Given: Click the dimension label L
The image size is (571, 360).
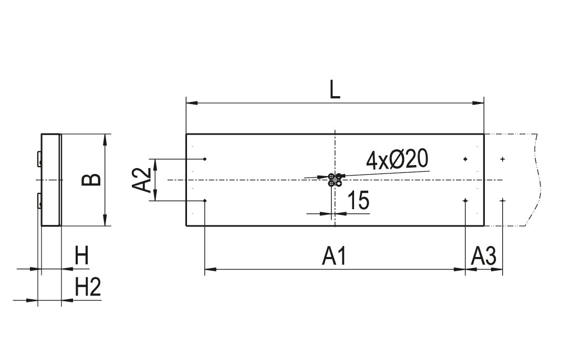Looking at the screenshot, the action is pyautogui.click(x=335, y=90).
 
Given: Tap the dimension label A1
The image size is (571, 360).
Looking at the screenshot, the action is pyautogui.click(x=334, y=256).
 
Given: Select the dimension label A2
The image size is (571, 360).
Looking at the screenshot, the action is pyautogui.click(x=141, y=180).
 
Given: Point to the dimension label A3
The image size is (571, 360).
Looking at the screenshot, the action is pyautogui.click(x=484, y=256).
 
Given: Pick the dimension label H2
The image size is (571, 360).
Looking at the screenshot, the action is pyautogui.click(x=88, y=287).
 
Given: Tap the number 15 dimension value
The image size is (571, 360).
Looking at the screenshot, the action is pyautogui.click(x=359, y=200).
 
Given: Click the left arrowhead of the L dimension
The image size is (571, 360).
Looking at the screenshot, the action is pyautogui.click(x=192, y=104).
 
